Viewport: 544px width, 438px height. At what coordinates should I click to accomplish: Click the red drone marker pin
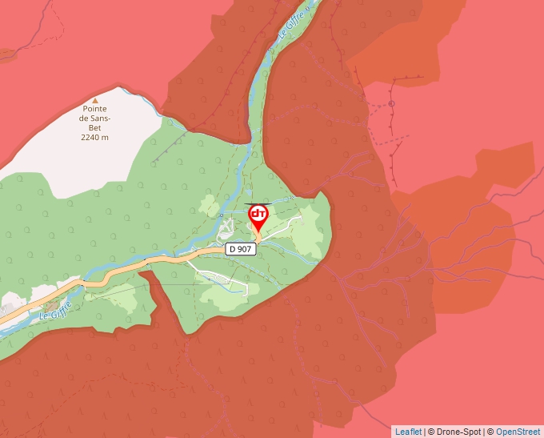pos(258,216)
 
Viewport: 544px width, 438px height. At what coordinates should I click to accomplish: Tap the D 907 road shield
pos(240,249)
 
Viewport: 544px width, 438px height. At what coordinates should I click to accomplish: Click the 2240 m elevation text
pos(94,138)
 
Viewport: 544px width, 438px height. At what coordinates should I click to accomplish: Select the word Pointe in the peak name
pos(94,109)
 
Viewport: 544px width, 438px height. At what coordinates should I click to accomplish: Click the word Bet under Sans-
pos(94,128)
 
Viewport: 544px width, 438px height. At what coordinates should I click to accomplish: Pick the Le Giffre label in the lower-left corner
pos(57,310)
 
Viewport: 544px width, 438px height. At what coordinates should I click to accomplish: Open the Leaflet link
pos(408,432)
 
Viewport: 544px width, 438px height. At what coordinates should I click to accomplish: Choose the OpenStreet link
pos(518,432)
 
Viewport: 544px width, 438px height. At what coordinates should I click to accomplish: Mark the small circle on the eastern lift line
pos(391,103)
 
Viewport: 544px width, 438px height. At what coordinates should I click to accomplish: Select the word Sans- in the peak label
pos(94,119)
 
